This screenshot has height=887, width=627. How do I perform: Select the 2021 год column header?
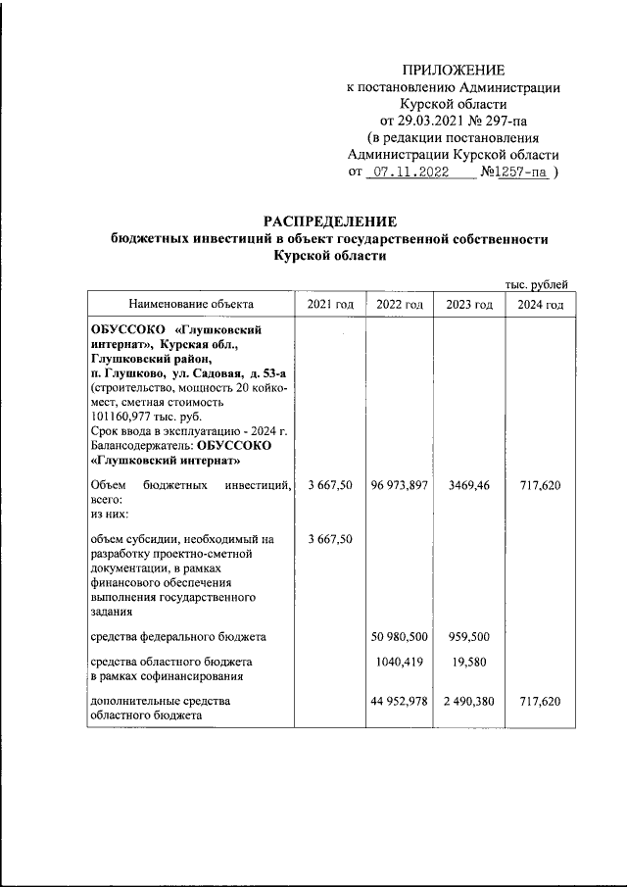[330, 305]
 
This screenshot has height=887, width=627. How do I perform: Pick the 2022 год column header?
[400, 305]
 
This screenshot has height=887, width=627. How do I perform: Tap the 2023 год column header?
[468, 305]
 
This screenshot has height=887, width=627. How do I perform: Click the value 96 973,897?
[400, 485]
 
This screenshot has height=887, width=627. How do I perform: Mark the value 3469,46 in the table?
[468, 485]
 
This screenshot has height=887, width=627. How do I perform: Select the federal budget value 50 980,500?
[400, 637]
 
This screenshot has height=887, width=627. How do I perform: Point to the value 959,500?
[468, 637]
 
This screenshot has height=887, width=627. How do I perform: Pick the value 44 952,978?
[400, 703]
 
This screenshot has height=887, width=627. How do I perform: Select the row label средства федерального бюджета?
[177, 637]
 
